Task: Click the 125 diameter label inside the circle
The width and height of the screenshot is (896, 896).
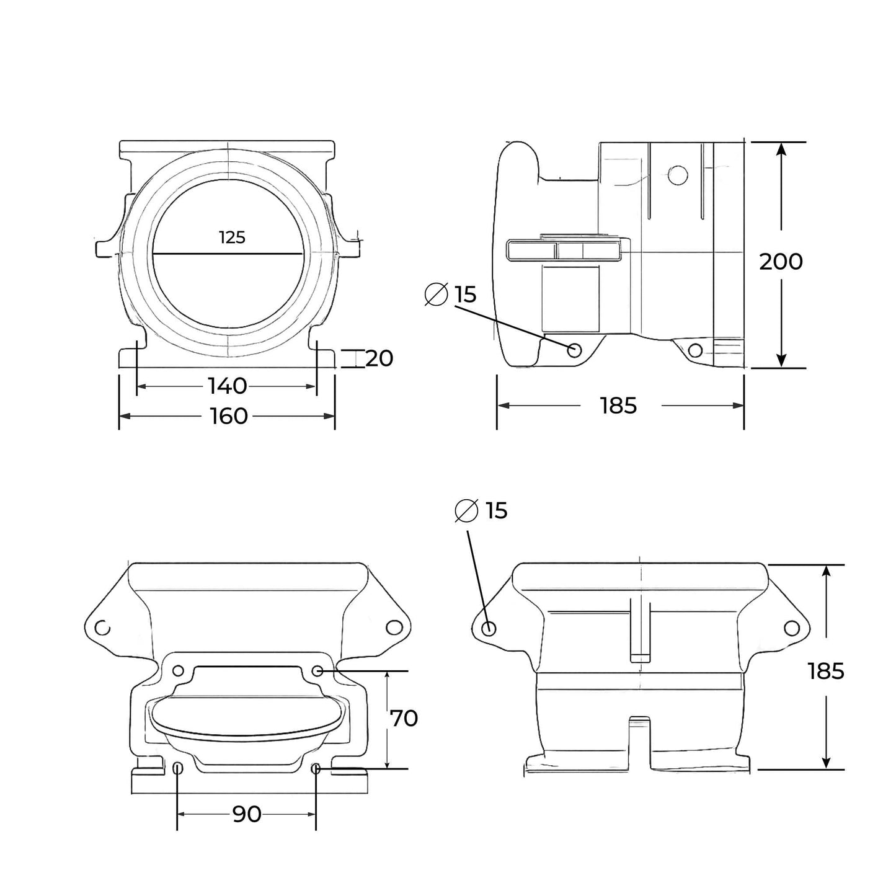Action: pyautogui.click(x=232, y=237)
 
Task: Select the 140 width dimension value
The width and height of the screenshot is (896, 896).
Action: pyautogui.click(x=227, y=386)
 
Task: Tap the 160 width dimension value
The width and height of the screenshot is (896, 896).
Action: pyautogui.click(x=228, y=416)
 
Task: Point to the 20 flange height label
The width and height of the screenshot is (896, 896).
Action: pyautogui.click(x=379, y=358)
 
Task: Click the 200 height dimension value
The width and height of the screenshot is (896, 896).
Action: pyautogui.click(x=781, y=262)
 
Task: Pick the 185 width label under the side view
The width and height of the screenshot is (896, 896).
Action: pyautogui.click(x=618, y=406)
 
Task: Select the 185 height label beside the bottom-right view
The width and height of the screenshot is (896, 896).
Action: pyautogui.click(x=826, y=671)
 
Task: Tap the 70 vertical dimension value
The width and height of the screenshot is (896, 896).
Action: pyautogui.click(x=404, y=719)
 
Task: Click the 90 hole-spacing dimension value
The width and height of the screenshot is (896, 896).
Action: pyautogui.click(x=246, y=814)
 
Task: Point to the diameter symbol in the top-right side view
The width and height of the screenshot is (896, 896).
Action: pyautogui.click(x=437, y=294)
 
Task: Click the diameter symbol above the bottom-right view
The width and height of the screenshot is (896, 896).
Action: pyautogui.click(x=466, y=510)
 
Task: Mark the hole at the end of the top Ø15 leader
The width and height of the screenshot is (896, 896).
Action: pyautogui.click(x=575, y=350)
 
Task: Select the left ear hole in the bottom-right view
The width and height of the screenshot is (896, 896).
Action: pyautogui.click(x=489, y=628)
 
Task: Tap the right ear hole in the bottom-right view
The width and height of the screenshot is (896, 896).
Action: pyautogui.click(x=791, y=628)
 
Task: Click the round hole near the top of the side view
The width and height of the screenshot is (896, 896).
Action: pyautogui.click(x=678, y=174)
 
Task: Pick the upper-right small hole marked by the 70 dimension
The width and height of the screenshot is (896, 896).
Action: pyautogui.click(x=317, y=670)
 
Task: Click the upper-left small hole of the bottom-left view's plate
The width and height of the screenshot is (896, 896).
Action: pyautogui.click(x=178, y=670)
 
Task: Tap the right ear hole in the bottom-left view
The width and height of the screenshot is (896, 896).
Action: pyautogui.click(x=393, y=628)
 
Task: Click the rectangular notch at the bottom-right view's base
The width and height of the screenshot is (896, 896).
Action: pyautogui.click(x=640, y=741)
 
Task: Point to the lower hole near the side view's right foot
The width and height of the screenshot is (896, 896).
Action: pyautogui.click(x=695, y=350)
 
